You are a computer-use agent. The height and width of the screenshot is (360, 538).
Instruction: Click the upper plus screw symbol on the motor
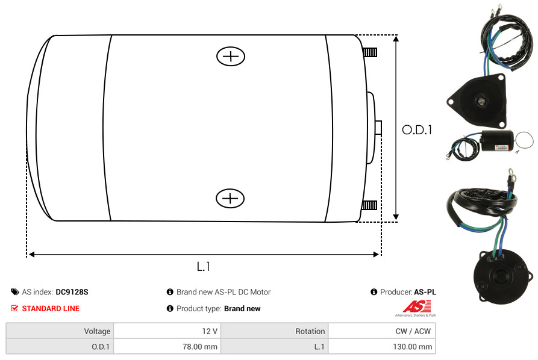click(231, 56)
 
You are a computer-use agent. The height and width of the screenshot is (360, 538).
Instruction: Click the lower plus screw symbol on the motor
click(230, 198)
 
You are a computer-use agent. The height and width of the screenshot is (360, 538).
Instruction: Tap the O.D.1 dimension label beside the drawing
click(417, 130)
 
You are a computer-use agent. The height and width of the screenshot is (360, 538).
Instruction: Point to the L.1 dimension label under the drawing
click(204, 267)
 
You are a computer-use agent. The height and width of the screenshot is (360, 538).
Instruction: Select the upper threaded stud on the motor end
click(370, 52)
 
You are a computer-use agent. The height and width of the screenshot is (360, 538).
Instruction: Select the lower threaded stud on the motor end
click(369, 205)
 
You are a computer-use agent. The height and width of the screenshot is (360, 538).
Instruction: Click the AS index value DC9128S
click(72, 292)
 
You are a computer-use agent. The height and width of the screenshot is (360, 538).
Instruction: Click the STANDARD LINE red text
click(51, 309)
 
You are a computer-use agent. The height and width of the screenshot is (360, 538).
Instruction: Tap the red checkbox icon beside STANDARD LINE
click(14, 308)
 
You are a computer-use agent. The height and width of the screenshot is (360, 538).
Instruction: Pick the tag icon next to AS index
click(14, 292)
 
